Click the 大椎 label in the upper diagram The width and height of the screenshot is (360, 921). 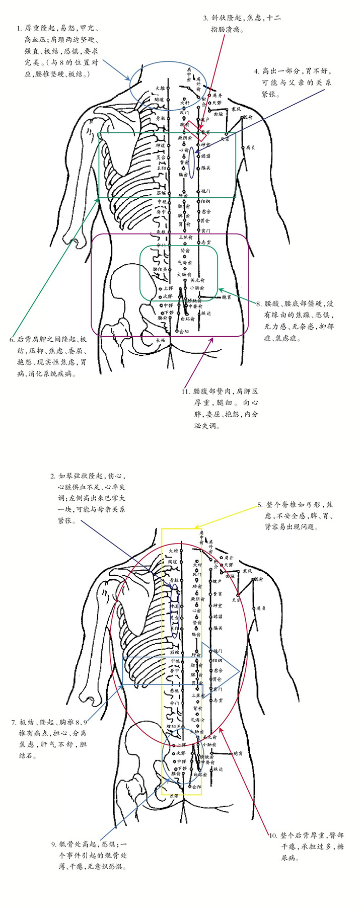[x=160, y=88]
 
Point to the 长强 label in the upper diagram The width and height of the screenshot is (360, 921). [x=161, y=341]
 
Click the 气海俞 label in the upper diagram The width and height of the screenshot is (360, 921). [x=185, y=262]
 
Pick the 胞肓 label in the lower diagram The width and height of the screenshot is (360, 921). [x=238, y=753]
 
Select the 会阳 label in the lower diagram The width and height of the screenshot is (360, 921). [x=196, y=787]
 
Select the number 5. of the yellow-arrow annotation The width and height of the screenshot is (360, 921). [x=260, y=504]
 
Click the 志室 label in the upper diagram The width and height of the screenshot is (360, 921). [x=206, y=242]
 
